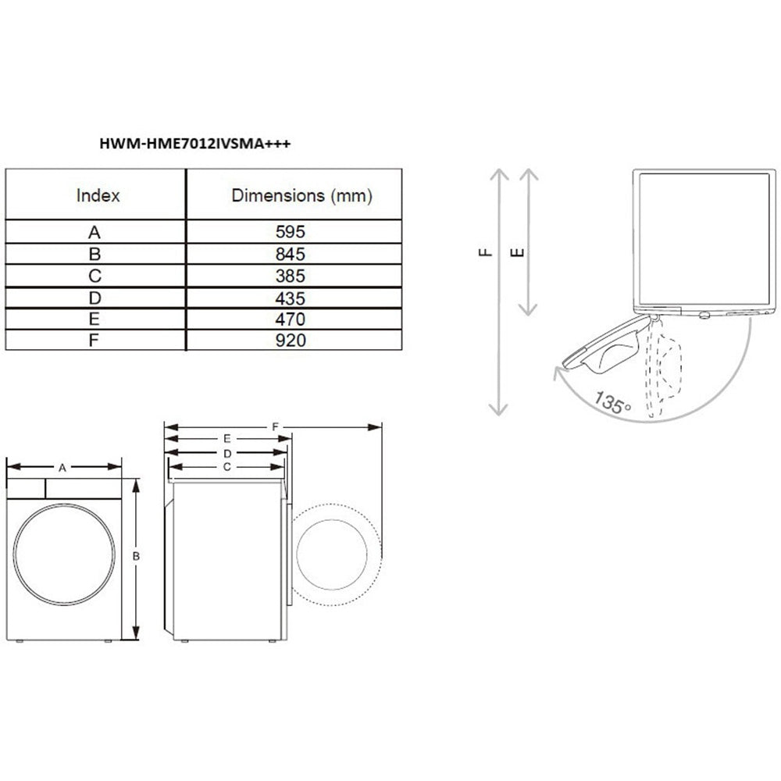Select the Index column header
pos(98,195)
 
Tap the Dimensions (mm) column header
pos(301,195)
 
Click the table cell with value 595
pos(294,232)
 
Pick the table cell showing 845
pos(294,254)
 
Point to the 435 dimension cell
pos(294,298)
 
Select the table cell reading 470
pos(294,319)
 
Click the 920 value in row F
pos(294,341)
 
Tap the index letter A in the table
pos(95,232)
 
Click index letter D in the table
pos(95,298)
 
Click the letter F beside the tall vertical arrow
pos(484,252)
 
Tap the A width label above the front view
pos(63,467)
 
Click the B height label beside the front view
pos(136,556)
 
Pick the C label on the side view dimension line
pos(226,466)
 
